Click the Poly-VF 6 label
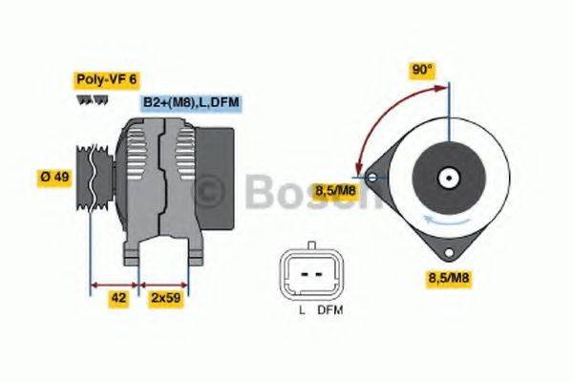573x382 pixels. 107,81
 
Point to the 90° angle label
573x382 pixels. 422,70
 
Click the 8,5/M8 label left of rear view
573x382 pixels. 336,190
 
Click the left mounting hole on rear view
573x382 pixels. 371,178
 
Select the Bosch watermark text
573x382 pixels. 286,192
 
